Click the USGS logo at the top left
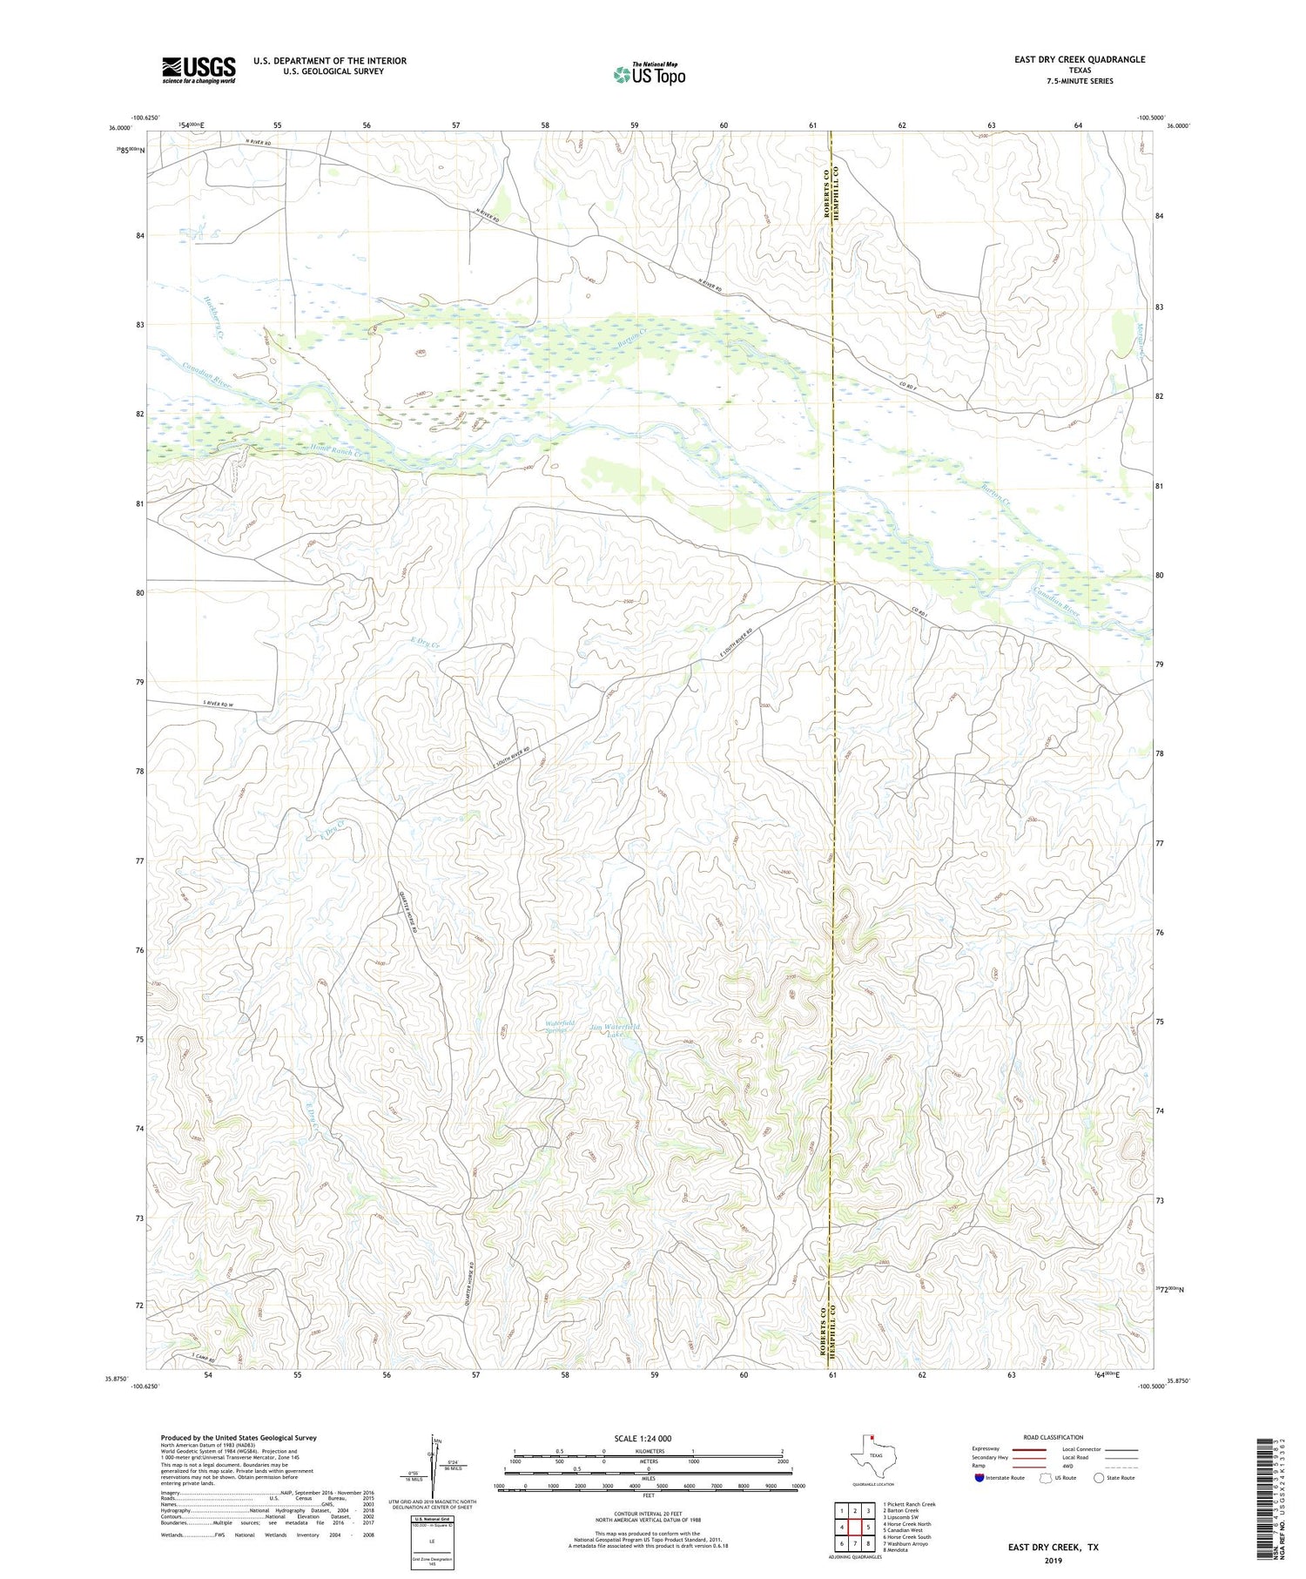198,70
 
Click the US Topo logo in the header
650,74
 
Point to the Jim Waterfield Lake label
614,1030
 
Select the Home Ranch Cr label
334,452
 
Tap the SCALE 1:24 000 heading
643,1438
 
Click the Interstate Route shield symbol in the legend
980,1477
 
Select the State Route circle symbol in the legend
1100,1477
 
